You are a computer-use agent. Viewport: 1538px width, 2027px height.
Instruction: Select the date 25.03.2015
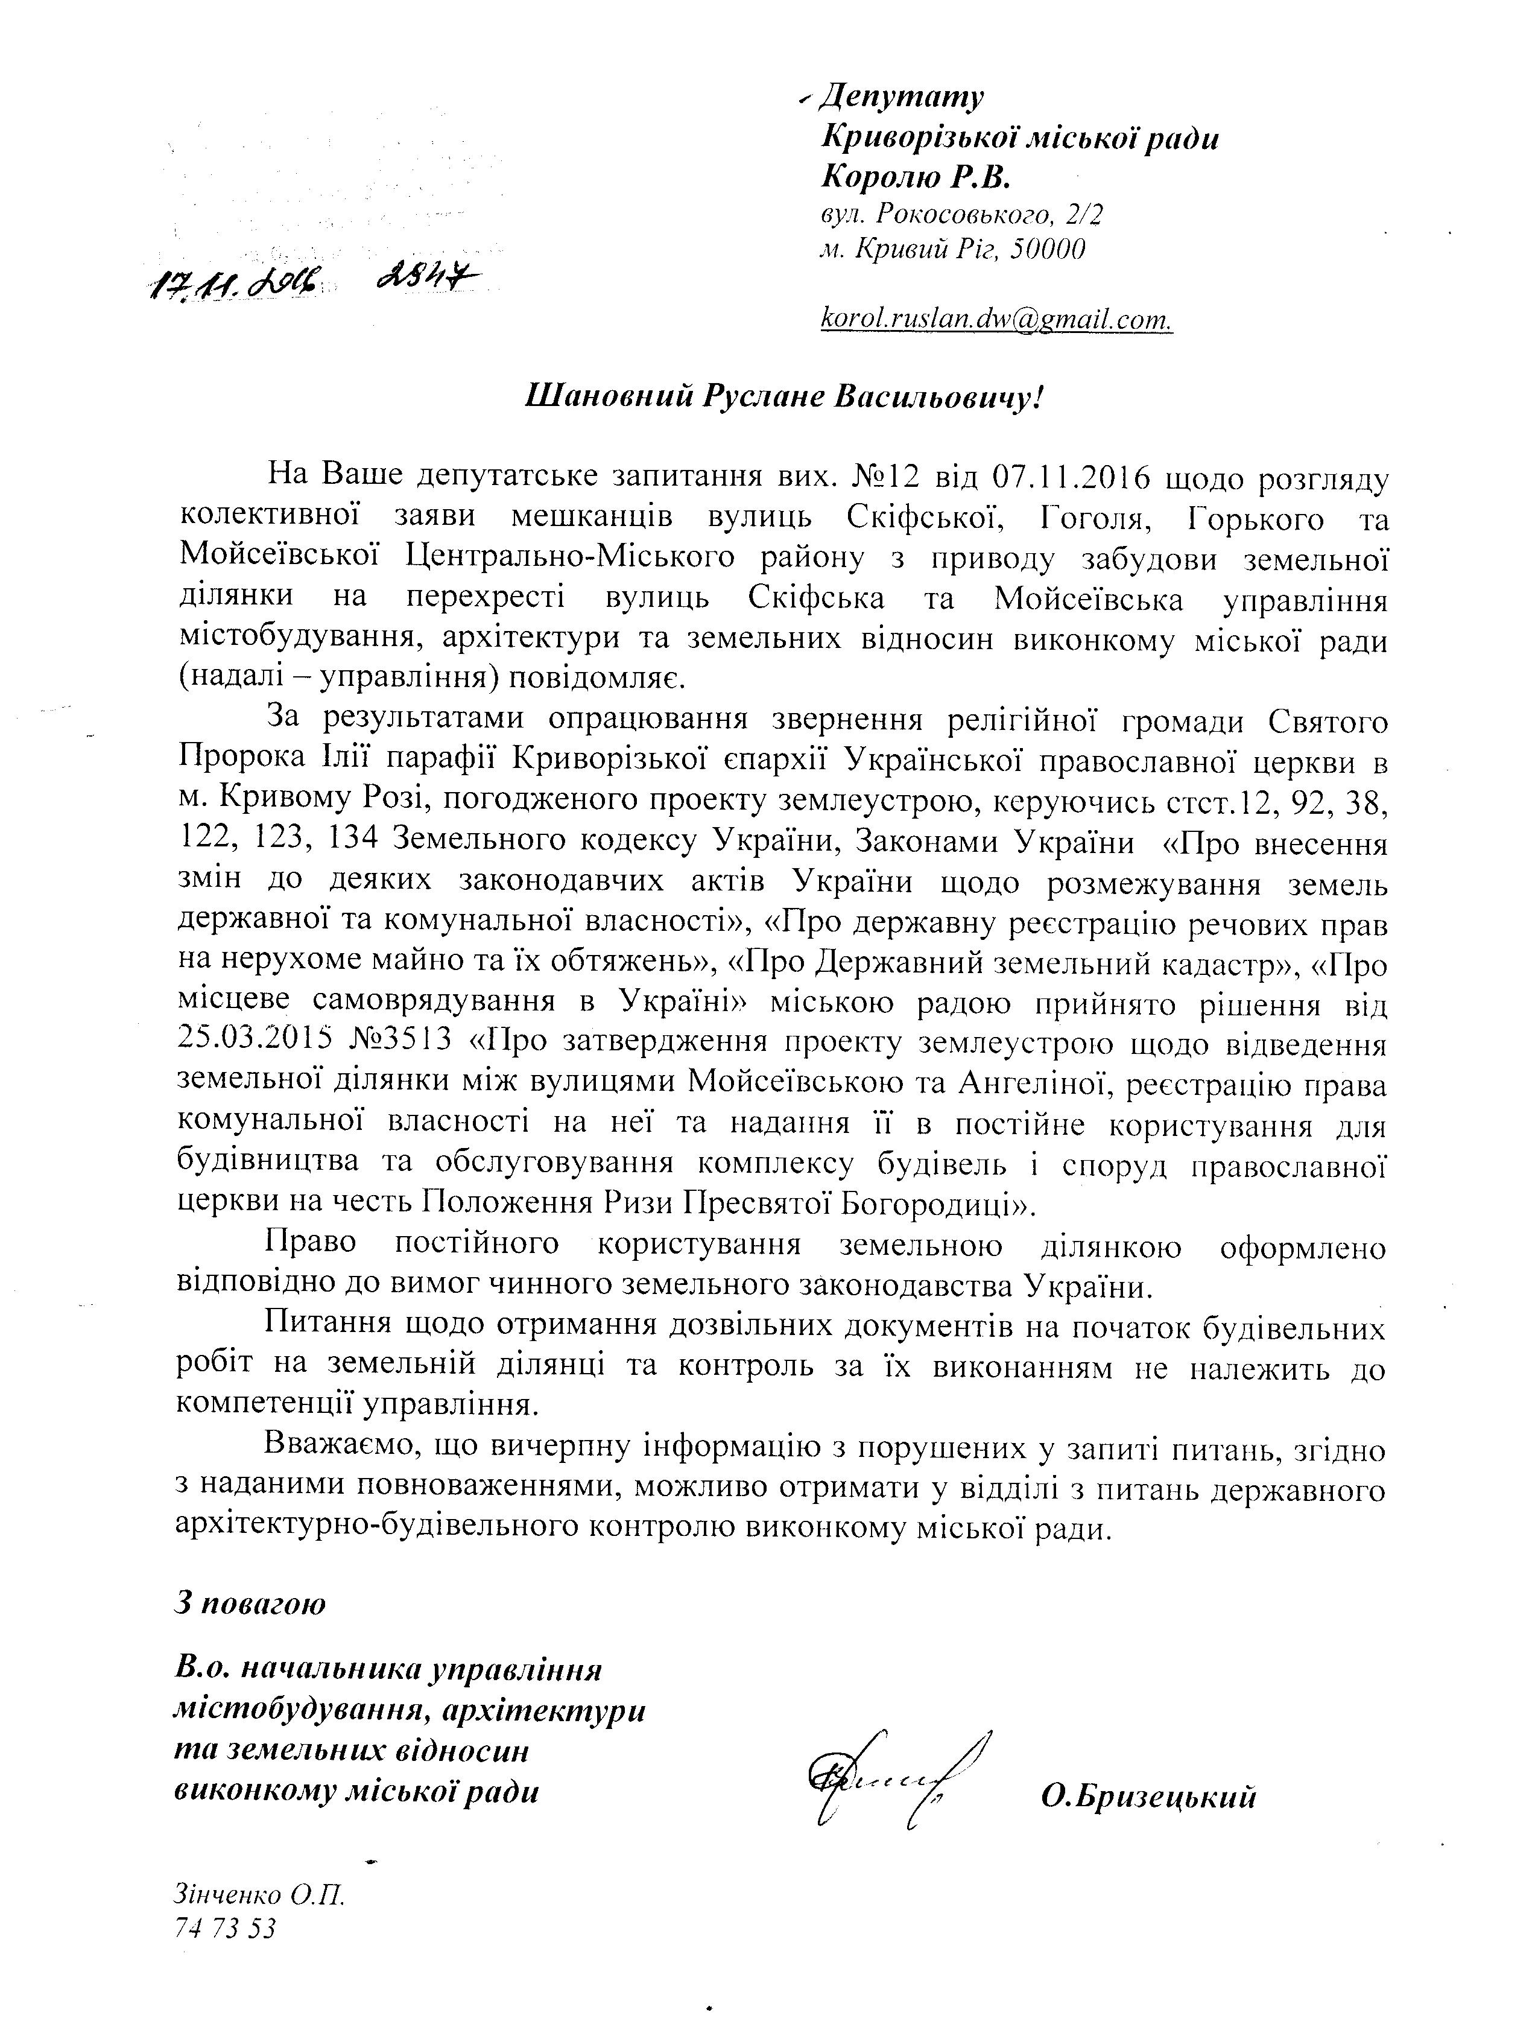253,1044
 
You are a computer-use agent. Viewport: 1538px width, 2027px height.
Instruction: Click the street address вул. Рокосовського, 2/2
962,214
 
